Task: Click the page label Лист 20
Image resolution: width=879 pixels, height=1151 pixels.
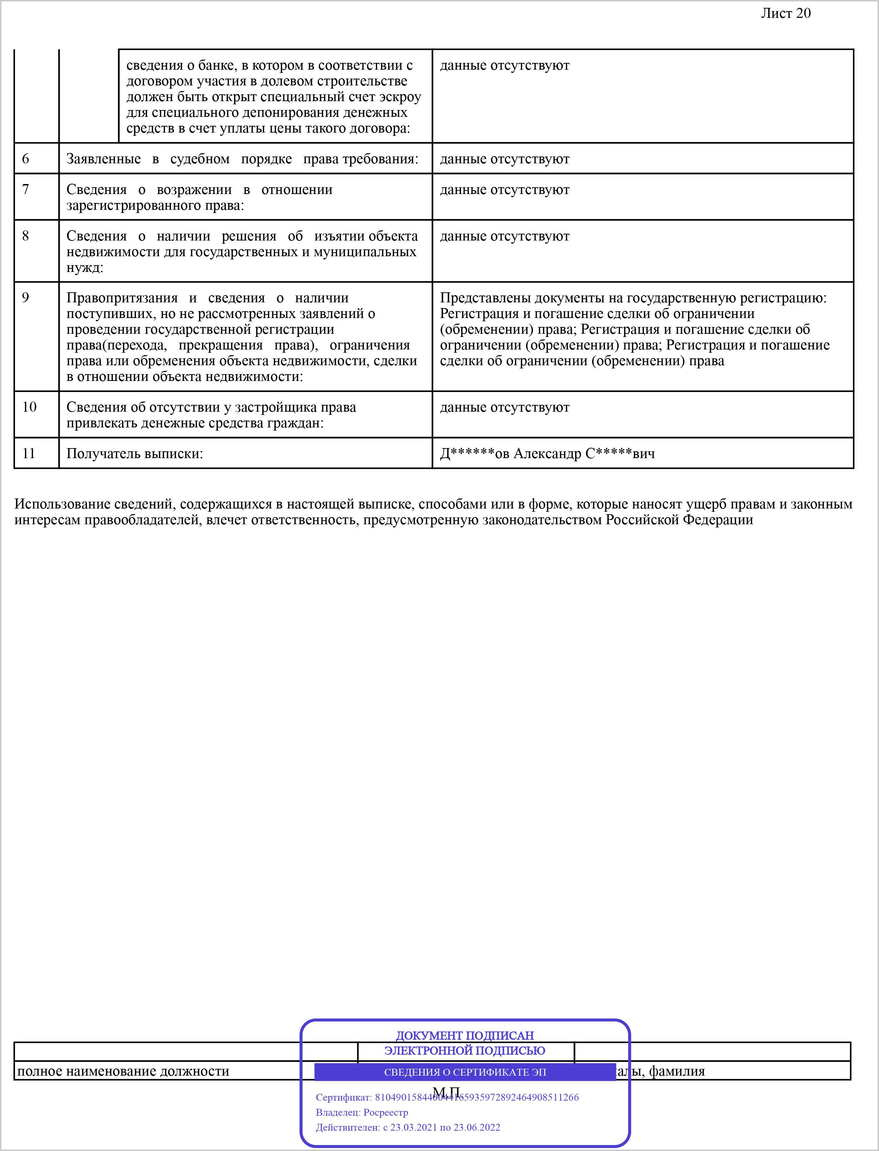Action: (785, 14)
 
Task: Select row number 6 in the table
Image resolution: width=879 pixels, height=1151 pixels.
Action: (26, 159)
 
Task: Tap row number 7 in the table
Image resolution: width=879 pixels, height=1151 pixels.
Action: (26, 189)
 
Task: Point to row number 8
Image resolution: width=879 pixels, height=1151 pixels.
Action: (26, 236)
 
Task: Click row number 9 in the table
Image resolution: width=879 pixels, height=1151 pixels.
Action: (26, 298)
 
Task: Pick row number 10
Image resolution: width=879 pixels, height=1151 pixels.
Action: (29, 407)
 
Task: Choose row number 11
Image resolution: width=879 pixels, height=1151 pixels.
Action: (29, 453)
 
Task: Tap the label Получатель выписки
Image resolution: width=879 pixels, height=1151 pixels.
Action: (134, 453)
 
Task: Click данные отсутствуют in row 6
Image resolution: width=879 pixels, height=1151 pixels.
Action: (504, 159)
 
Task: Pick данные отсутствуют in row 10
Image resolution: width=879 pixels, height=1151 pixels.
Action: (504, 407)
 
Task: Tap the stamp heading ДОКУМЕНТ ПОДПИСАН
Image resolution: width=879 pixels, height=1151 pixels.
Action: (465, 1035)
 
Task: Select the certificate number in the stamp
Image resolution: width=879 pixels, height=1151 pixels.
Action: (477, 1097)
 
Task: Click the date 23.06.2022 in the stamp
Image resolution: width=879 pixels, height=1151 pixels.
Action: (477, 1127)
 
